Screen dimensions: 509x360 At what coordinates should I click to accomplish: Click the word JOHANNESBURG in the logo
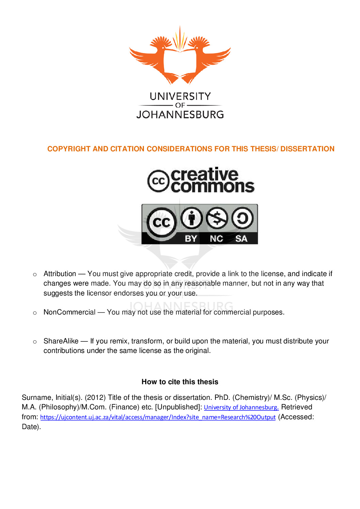180,115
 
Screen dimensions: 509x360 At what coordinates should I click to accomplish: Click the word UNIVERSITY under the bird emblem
180,97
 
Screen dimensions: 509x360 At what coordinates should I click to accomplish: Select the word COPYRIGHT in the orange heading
69,149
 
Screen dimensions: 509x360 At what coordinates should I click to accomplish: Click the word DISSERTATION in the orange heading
307,149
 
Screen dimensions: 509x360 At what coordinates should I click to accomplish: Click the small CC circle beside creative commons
158,181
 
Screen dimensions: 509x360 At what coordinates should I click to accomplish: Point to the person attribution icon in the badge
192,218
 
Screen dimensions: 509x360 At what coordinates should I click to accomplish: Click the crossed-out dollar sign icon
217,218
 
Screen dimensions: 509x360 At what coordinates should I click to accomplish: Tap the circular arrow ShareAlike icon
242,218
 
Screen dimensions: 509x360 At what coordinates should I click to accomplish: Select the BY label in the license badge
191,239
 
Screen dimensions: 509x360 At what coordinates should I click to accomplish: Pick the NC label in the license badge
216,239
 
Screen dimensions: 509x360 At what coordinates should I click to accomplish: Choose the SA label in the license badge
241,239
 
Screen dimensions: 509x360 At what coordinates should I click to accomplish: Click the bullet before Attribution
35,274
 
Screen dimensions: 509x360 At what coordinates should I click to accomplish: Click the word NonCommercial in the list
69,312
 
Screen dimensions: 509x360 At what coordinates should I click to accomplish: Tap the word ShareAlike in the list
61,341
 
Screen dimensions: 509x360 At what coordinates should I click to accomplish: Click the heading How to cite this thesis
180,382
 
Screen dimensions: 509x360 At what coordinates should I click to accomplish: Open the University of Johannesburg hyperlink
241,407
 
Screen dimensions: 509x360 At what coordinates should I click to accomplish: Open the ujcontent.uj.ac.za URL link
158,417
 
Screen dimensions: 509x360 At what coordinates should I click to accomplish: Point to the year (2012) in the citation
95,397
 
